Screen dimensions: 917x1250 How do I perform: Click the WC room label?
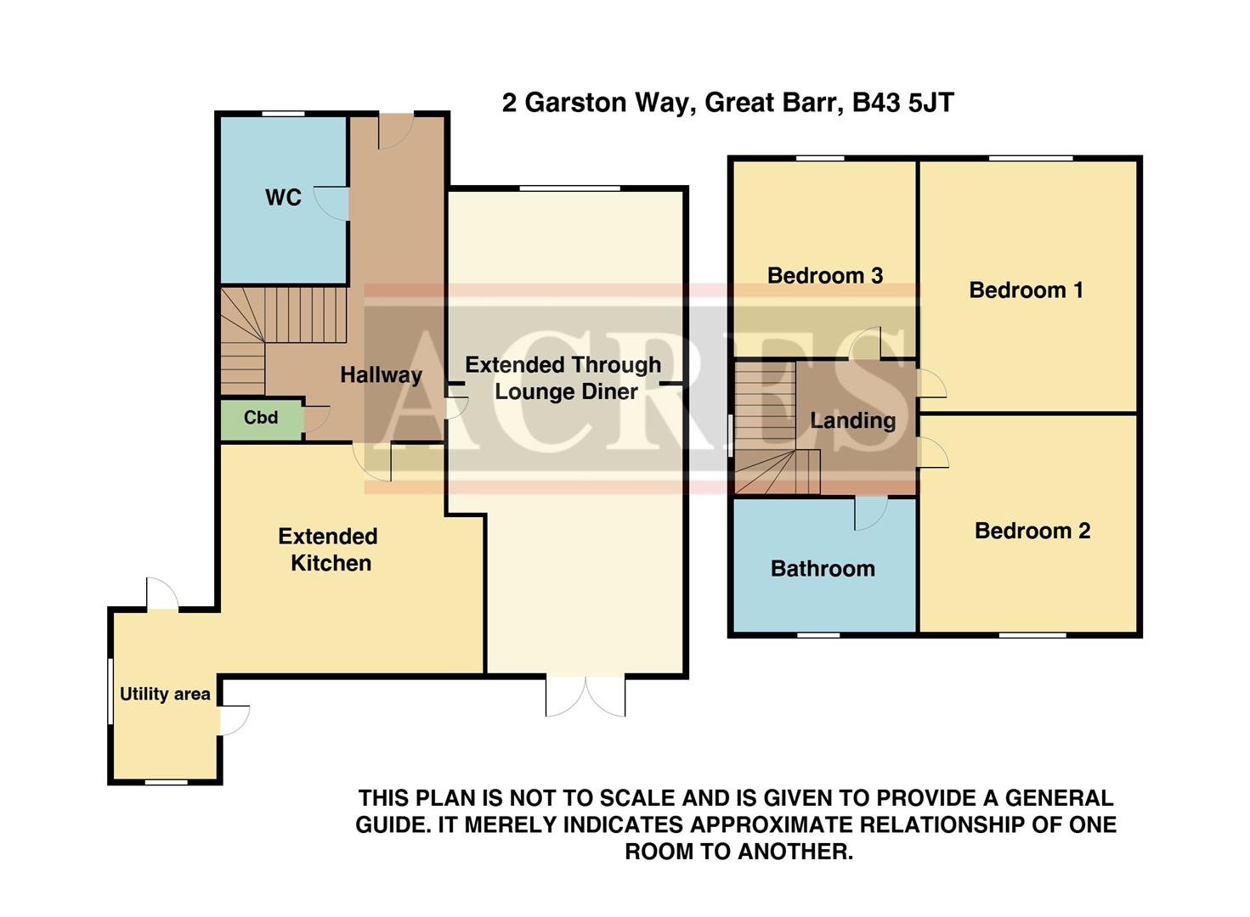pos(283,198)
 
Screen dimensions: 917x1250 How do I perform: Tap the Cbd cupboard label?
pos(261,418)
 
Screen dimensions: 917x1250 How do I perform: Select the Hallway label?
pos(381,374)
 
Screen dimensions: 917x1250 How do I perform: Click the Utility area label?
pos(165,695)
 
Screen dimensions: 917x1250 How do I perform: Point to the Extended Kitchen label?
pos(329,549)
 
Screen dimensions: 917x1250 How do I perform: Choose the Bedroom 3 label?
pos(824,275)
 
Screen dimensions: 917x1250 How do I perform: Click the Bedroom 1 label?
pos(1026,290)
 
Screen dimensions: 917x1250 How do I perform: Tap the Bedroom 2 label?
pos(1032,531)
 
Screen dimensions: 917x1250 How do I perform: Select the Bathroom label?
pos(823,569)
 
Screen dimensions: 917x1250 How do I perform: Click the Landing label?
pos(852,420)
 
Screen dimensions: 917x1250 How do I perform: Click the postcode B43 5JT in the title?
pos(902,103)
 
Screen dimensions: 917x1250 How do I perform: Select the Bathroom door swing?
pos(870,513)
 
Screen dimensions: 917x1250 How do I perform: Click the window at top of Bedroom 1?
pos(1030,158)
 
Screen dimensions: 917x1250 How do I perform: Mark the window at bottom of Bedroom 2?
pos(1032,634)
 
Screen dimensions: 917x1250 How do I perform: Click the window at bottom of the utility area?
pos(166,781)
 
